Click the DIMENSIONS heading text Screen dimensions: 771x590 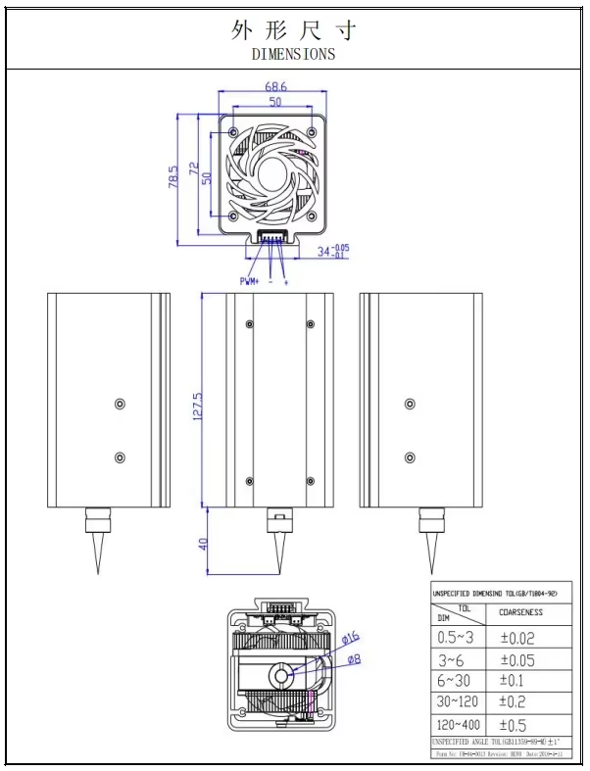293,54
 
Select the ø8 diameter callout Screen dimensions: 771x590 352,659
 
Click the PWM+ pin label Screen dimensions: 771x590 249,281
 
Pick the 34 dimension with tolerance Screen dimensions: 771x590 331,252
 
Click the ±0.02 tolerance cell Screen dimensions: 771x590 516,637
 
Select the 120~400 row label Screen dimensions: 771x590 458,725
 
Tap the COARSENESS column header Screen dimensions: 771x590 520,612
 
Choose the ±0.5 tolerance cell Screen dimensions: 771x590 515,725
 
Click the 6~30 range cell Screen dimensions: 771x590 454,680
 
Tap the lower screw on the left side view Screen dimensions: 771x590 120,458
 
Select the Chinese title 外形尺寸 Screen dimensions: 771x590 293,29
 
